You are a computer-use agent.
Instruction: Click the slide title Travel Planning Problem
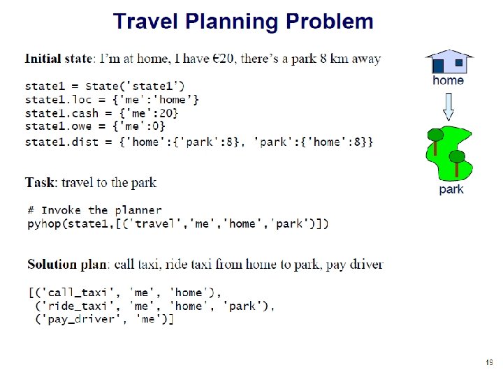[243, 22]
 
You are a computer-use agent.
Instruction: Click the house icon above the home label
[449, 61]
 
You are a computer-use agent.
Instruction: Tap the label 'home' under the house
[448, 80]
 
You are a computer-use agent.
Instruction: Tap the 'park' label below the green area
[451, 189]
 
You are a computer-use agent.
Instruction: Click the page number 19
[488, 362]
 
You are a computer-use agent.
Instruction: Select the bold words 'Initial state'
[59, 59]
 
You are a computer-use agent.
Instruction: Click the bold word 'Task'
[41, 183]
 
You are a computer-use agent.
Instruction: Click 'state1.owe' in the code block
[58, 126]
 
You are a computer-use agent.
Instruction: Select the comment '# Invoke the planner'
[94, 210]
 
